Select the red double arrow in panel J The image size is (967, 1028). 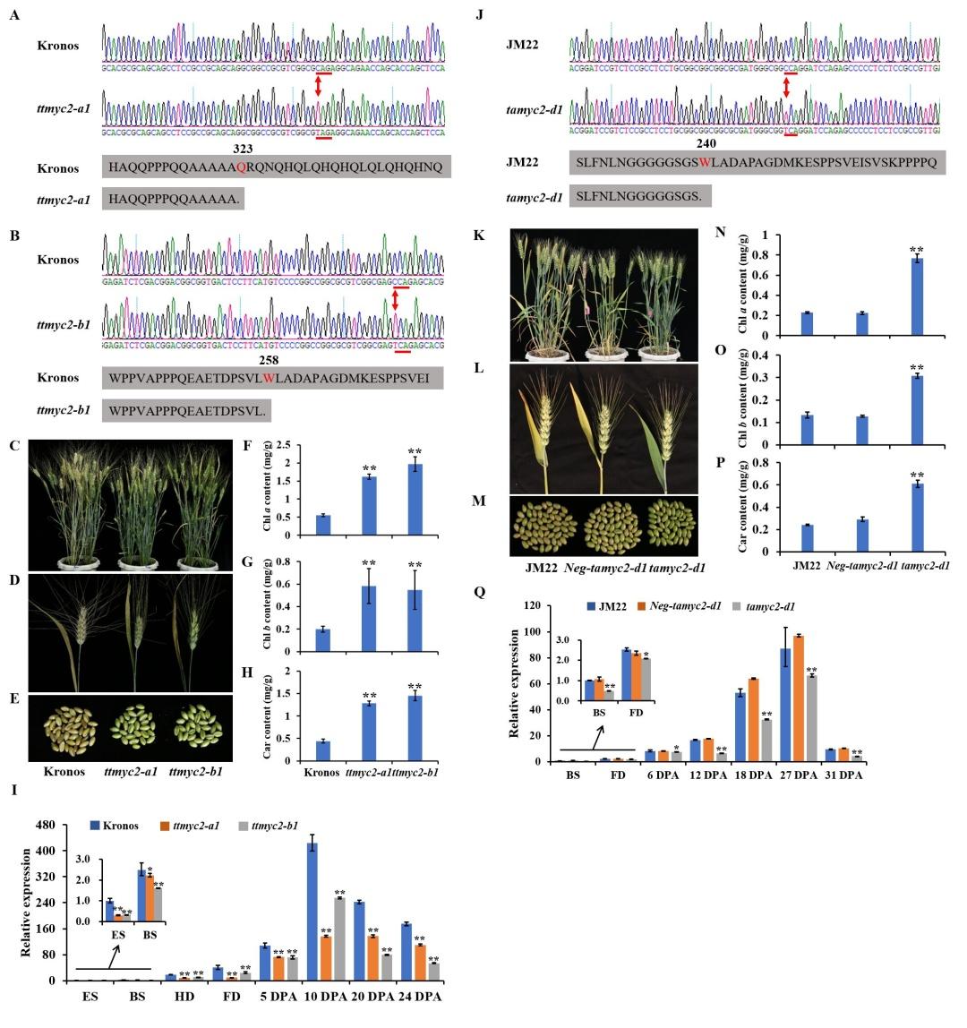click(786, 87)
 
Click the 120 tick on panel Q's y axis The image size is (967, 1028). click(533, 605)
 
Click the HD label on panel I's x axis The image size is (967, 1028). click(169, 996)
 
